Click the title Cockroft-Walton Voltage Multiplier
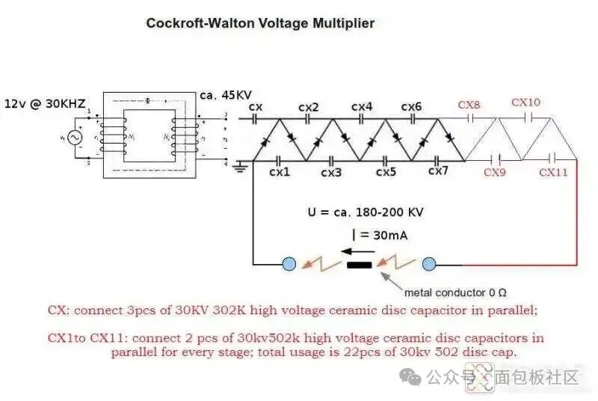pos(260,23)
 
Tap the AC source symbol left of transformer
pos(74,137)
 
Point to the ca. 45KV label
pos(226,96)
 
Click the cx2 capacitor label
pos(308,108)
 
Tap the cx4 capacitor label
pos(362,108)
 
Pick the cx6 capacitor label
pos(411,108)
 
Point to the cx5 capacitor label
pos(386,173)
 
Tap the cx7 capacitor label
pos(438,171)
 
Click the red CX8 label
pos(469,105)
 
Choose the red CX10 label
pos(525,102)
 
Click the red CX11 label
pos(554,173)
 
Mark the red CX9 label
pos(495,173)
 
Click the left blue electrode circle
pos(289,263)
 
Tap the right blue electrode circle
pos(429,263)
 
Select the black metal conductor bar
pos(360,264)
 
